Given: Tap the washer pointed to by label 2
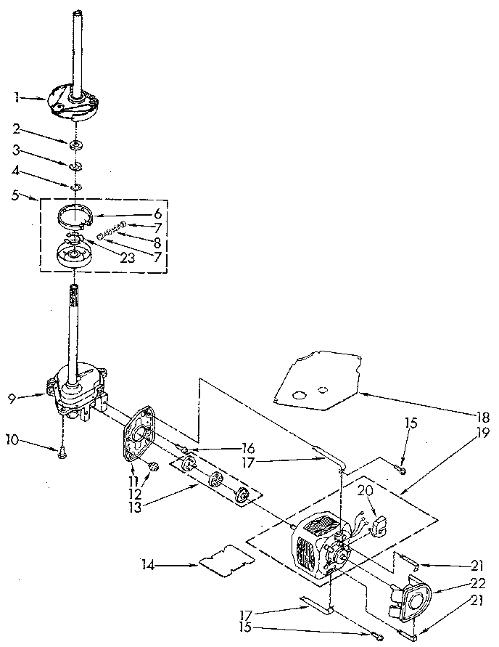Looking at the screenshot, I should point(75,145).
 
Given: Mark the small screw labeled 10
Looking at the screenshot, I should point(63,453).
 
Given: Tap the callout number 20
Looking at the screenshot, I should point(365,490).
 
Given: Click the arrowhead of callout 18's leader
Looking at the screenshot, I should point(360,393).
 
